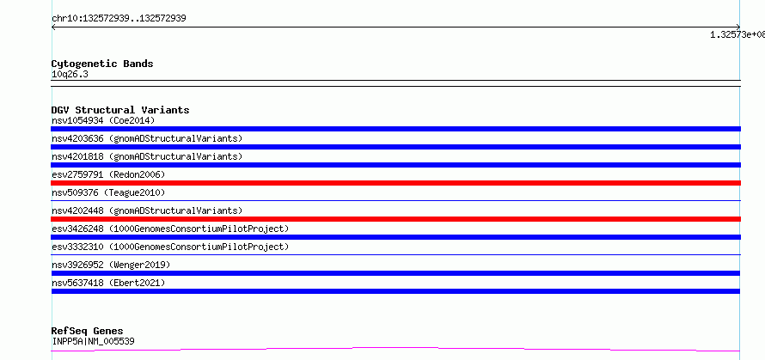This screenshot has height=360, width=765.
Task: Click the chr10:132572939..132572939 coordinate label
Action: (x=119, y=19)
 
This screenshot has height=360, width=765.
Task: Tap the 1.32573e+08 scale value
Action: (x=737, y=34)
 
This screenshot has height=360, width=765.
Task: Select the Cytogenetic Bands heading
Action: (x=102, y=64)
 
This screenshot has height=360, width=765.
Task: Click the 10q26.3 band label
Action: (x=70, y=75)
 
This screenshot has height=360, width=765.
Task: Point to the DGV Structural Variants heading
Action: (x=120, y=110)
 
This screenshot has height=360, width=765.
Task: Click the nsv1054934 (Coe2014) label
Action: (x=103, y=120)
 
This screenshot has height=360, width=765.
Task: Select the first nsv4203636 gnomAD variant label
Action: (x=147, y=138)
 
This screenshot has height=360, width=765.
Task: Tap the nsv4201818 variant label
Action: (x=147, y=156)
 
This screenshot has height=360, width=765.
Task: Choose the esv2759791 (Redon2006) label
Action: (x=108, y=174)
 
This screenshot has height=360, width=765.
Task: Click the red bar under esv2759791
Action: (x=395, y=183)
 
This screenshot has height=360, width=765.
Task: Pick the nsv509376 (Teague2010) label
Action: (x=108, y=192)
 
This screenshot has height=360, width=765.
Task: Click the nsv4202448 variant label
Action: (x=147, y=211)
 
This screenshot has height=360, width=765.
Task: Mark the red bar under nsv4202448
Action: (x=395, y=219)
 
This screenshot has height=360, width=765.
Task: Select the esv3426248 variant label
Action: (x=170, y=229)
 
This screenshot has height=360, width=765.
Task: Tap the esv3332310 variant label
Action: (x=170, y=247)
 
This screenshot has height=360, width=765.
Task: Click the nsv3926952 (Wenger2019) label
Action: (x=111, y=265)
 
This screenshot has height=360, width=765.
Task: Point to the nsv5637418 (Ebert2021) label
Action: (x=108, y=283)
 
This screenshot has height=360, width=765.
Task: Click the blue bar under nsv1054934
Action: (x=395, y=129)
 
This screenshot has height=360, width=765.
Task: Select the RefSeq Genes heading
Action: (x=87, y=332)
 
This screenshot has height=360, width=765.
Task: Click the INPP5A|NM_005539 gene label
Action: (x=93, y=341)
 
